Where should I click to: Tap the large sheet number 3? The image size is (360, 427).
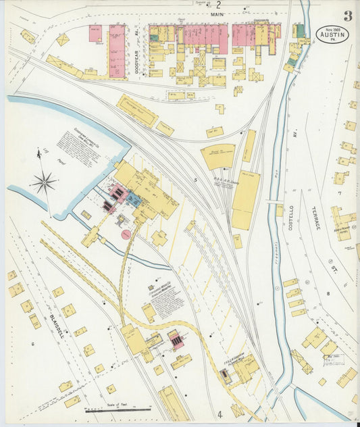pyautogui.click(x=346, y=16)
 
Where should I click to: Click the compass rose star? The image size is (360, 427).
pyautogui.click(x=45, y=182)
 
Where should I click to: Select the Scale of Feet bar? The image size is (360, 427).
pyautogui.click(x=118, y=409)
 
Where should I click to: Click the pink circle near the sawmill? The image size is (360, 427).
pyautogui.click(x=126, y=234)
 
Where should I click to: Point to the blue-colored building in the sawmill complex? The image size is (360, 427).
pyautogui.click(x=134, y=199)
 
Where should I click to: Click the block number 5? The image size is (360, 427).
pyautogui.click(x=196, y=180)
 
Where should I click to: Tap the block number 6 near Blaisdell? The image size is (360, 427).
pyautogui.click(x=32, y=344)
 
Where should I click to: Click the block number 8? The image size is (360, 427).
pyautogui.click(x=328, y=293)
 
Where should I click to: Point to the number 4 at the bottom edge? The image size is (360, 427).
pyautogui.click(x=220, y=413)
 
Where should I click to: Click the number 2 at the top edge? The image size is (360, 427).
pyautogui.click(x=218, y=5)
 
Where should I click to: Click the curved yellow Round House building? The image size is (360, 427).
pyautogui.click(x=217, y=156)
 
